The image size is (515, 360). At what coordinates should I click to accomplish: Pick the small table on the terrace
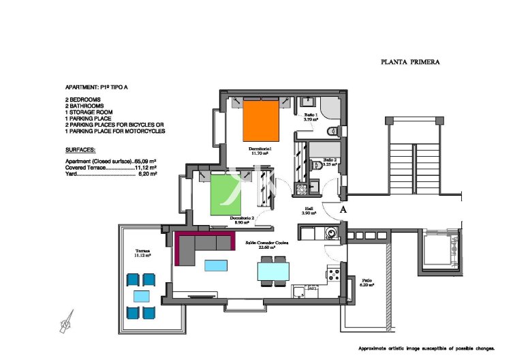[x=142, y=296]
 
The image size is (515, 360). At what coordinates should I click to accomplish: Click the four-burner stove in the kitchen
[x=334, y=275]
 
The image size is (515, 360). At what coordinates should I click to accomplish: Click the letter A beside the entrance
[x=343, y=210]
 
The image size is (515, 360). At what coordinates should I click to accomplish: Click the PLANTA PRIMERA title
[x=410, y=62]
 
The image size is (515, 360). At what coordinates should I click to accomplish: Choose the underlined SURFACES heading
[x=80, y=149]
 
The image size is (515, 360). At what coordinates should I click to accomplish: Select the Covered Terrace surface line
[x=111, y=167]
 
